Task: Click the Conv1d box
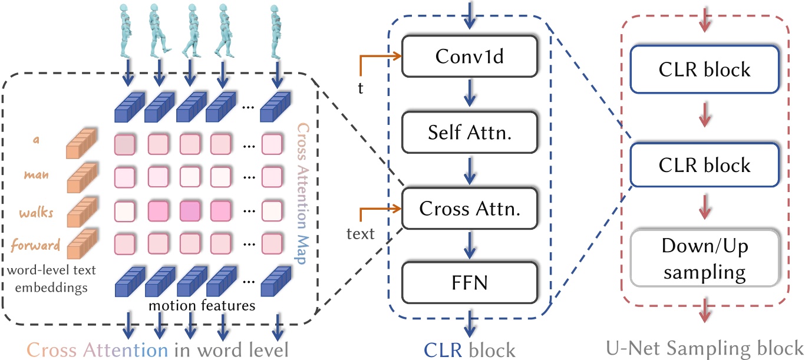pyautogui.click(x=470, y=55)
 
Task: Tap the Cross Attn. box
pyautogui.click(x=470, y=208)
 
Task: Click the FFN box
pyautogui.click(x=470, y=283)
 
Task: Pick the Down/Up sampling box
pyautogui.click(x=704, y=259)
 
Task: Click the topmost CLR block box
pyautogui.click(x=704, y=69)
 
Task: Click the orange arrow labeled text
pyautogui.click(x=380, y=209)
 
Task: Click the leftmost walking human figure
pyautogui.click(x=127, y=29)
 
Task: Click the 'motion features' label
pyautogui.click(x=202, y=306)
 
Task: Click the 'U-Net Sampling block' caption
pyautogui.click(x=704, y=348)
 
